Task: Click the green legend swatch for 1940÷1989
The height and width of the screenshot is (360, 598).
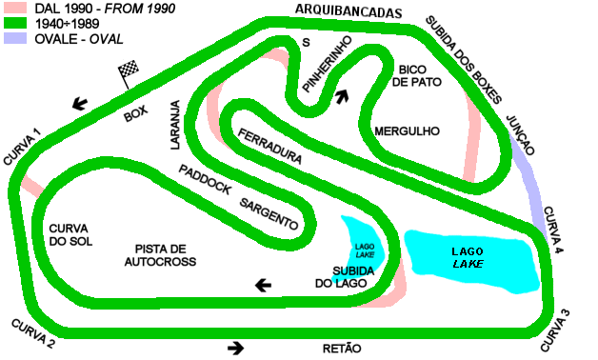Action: pos(14,24)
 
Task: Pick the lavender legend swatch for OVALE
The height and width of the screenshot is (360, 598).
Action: pos(14,39)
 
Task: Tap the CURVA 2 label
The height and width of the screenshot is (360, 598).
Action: pos(33,329)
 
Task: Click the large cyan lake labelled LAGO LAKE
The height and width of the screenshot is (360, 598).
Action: pos(472,259)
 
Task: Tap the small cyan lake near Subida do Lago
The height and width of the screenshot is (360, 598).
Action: pos(362,242)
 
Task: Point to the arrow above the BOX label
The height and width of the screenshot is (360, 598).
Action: pos(83,103)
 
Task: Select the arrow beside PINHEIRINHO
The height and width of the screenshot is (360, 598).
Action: pos(341,95)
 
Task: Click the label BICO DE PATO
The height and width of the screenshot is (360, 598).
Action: pos(411,76)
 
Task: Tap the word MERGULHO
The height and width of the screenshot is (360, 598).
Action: pos(406,130)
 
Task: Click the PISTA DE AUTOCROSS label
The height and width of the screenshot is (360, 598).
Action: pos(158,253)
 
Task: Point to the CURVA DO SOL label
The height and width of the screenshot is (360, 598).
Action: pos(68,234)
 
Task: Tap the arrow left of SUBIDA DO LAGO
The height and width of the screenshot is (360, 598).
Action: pos(261,284)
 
